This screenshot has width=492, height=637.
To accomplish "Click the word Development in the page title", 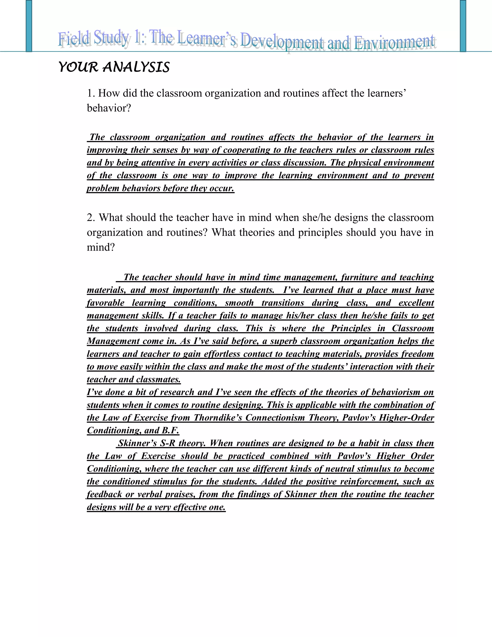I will [x=282, y=42].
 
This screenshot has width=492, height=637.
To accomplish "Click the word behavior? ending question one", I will [x=109, y=108].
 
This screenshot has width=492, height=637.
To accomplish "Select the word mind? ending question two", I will [x=101, y=247].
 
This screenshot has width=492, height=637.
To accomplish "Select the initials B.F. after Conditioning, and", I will [x=171, y=431].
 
